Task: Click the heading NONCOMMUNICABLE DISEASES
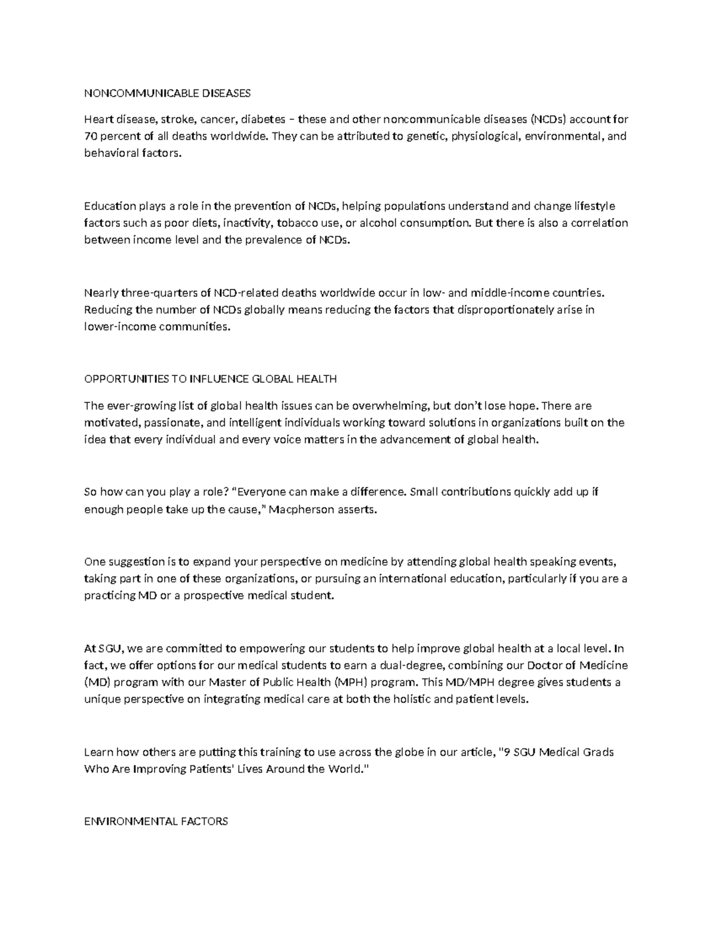click(168, 93)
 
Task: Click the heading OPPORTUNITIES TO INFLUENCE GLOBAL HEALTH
click(211, 379)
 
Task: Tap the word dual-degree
click(413, 666)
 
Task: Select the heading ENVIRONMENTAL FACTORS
click(156, 821)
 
